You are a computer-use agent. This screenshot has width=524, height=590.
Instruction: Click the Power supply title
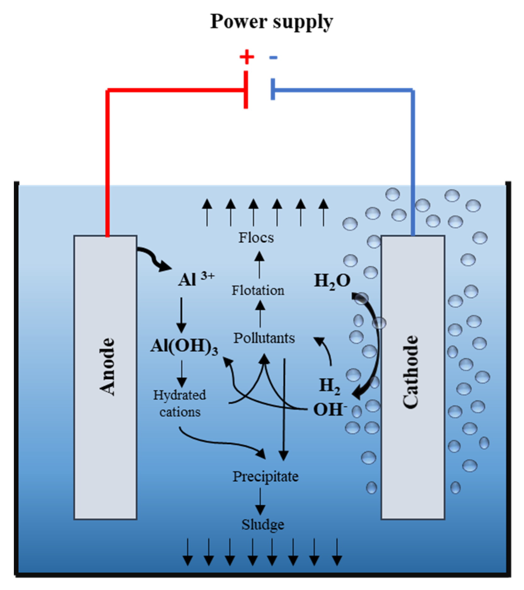(271, 22)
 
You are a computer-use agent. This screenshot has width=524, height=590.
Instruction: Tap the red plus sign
(246, 57)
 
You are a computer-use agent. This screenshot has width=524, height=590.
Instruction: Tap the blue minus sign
(273, 57)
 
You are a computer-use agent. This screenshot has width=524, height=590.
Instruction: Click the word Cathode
(411, 372)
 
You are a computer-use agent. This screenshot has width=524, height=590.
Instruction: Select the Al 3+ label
(196, 279)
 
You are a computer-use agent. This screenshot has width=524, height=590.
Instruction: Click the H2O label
(332, 281)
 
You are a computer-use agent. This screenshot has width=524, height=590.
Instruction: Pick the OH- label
(330, 410)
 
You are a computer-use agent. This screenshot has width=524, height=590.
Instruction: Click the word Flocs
(256, 238)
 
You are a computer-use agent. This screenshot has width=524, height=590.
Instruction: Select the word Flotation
(258, 290)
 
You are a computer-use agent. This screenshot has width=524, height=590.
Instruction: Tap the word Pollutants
(264, 338)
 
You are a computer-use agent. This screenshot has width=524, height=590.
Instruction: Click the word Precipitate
(265, 476)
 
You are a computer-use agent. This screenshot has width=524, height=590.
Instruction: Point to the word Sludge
(263, 525)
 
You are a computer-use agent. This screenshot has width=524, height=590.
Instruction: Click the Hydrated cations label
(180, 403)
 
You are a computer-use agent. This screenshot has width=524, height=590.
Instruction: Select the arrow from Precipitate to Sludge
(260, 501)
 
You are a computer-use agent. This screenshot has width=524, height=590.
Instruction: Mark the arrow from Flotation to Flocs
(259, 265)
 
